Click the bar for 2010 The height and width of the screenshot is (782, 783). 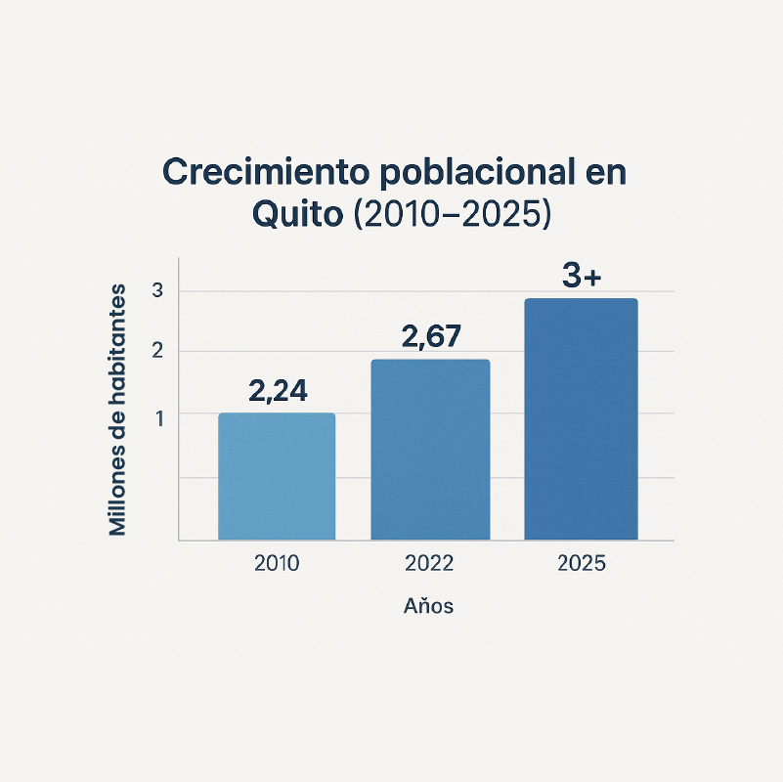pyautogui.click(x=277, y=476)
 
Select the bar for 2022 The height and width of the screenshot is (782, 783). pyautogui.click(x=430, y=450)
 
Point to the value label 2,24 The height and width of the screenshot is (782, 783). pyautogui.click(x=278, y=391)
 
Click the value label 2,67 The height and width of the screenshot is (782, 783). pyautogui.click(x=430, y=337)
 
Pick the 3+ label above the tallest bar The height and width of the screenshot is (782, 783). pyautogui.click(x=582, y=277)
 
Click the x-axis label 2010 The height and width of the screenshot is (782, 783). pyautogui.click(x=277, y=564)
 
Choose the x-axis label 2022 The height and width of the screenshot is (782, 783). pyautogui.click(x=429, y=564)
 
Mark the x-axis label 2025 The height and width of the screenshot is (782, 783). pyautogui.click(x=581, y=564)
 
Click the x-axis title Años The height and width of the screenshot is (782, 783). pyautogui.click(x=429, y=606)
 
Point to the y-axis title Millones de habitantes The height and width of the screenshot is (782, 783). pyautogui.click(x=118, y=410)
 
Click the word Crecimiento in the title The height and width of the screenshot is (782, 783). pyautogui.click(x=264, y=172)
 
